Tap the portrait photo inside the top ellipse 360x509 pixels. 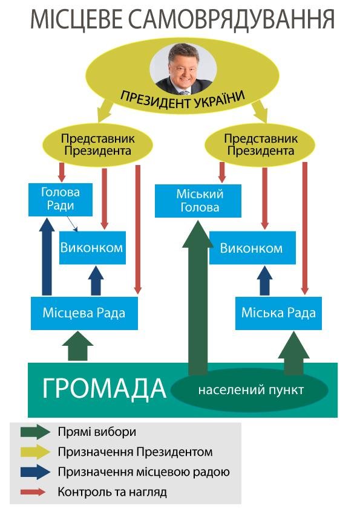click(183, 68)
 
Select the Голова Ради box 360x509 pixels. click(61, 199)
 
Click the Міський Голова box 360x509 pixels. click(198, 201)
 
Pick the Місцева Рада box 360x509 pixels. click(84, 313)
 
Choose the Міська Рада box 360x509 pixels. click(278, 313)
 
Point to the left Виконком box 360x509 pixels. click(93, 248)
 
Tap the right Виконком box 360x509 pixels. click(252, 248)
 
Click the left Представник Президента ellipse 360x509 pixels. click(97, 144)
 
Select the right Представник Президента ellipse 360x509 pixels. click(260, 144)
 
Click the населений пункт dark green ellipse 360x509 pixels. click(249, 389)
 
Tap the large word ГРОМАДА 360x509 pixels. click(104, 388)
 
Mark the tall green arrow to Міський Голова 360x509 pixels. click(198, 297)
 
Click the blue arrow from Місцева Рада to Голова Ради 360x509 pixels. click(47, 257)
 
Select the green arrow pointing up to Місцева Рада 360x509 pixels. click(77, 346)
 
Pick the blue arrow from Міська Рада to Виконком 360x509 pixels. click(264, 280)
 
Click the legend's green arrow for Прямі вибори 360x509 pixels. click(35, 432)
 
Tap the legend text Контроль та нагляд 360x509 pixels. click(112, 492)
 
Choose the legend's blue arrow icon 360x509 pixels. click(35, 472)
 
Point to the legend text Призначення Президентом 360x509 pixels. click(135, 452)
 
